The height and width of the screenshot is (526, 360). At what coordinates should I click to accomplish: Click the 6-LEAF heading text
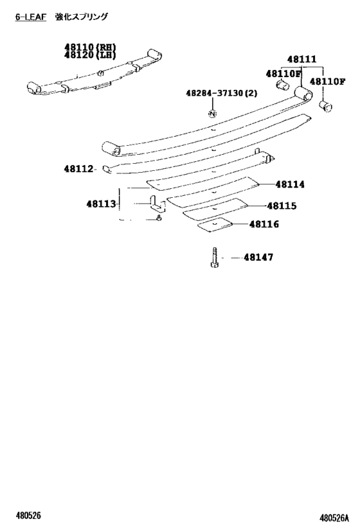click(31, 17)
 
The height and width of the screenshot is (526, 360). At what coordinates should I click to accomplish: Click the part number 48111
click(301, 59)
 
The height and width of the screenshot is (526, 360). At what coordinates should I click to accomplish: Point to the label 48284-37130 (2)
click(222, 92)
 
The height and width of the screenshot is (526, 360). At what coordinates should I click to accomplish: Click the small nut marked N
click(212, 114)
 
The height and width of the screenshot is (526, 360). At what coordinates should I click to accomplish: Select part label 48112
click(78, 169)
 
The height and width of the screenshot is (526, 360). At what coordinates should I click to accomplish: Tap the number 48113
click(101, 204)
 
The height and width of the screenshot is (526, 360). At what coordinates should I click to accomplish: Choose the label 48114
click(290, 184)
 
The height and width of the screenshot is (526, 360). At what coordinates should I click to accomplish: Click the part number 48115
click(282, 206)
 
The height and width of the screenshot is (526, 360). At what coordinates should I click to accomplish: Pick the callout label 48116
click(264, 224)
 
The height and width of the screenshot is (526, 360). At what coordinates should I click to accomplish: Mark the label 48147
click(258, 258)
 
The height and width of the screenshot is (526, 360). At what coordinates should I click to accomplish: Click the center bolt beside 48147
click(214, 258)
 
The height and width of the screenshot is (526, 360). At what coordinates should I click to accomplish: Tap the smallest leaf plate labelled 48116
click(215, 225)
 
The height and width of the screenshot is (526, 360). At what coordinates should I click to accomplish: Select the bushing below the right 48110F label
click(325, 106)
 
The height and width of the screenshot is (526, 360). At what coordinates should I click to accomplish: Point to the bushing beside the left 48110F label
click(282, 85)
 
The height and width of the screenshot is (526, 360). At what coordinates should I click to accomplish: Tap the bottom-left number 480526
click(28, 515)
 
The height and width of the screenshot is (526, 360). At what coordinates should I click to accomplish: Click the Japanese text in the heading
click(82, 17)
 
